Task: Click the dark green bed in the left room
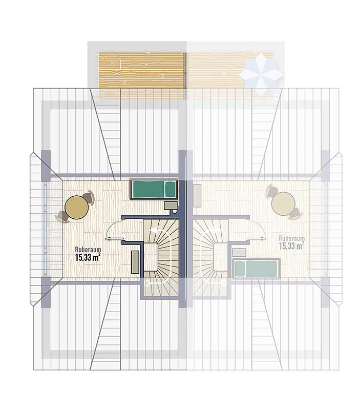pos(154,190)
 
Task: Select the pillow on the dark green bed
pos(170,189)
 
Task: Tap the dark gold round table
pos(76,208)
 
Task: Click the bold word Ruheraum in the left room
pos(88,250)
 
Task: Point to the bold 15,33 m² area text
pos(88,257)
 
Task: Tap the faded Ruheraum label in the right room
pos(291,238)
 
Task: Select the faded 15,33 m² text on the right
pos(291,246)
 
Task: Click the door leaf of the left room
pos(114,238)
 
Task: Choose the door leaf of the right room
pos(257,238)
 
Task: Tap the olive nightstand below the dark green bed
pos(171,206)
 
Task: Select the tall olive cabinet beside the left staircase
pos(135,262)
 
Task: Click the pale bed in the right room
pos(256,268)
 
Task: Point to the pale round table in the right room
pos(284,203)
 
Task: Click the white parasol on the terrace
pos(261,70)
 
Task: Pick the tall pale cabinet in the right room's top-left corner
pos(197,196)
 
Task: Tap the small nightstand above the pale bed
pos(239,253)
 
